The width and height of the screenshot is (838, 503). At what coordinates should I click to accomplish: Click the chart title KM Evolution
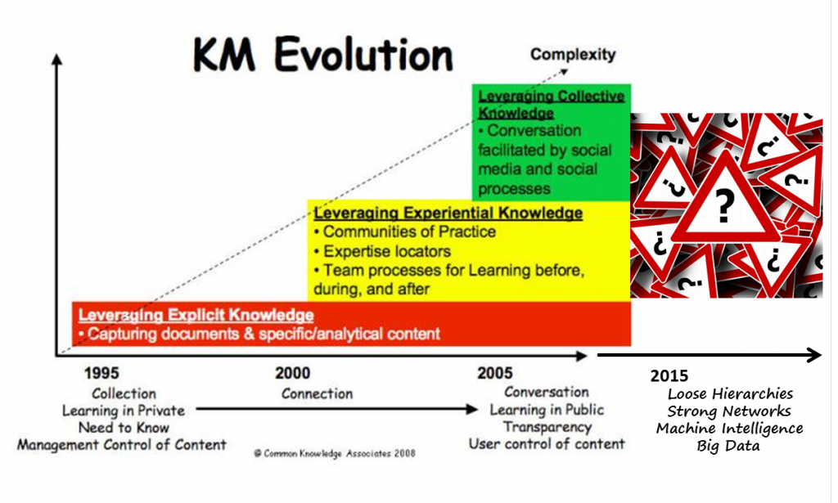click(322, 55)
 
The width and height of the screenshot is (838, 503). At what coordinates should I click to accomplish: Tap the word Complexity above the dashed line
click(573, 54)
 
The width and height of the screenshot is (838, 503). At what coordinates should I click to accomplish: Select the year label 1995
click(101, 373)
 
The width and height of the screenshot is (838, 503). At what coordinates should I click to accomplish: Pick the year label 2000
click(292, 373)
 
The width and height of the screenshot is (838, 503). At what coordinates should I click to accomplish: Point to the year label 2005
click(495, 373)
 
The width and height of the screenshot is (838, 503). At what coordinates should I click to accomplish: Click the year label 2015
click(669, 376)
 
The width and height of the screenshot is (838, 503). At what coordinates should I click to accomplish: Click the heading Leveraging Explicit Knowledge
click(196, 315)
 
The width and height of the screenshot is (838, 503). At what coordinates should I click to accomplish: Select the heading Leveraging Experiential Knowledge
click(448, 213)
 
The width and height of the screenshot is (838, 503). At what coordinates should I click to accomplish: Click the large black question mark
click(725, 205)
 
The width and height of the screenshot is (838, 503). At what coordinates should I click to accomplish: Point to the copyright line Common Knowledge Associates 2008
click(335, 453)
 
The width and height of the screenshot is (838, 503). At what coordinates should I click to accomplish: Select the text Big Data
click(728, 446)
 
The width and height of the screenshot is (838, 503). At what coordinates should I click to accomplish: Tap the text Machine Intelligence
click(730, 429)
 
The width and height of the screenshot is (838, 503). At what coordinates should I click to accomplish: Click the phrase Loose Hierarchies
click(730, 394)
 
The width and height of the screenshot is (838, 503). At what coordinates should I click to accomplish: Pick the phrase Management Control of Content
click(122, 445)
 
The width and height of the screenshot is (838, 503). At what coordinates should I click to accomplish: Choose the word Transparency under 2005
click(547, 427)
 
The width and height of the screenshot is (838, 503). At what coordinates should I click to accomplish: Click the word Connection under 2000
click(317, 393)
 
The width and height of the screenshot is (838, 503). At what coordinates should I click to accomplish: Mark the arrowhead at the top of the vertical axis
click(56, 59)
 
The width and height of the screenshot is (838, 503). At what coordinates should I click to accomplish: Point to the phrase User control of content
click(547, 444)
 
